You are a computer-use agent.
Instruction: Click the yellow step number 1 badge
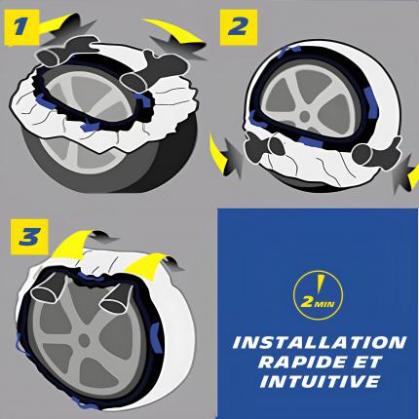pyautogui.click(x=21, y=27)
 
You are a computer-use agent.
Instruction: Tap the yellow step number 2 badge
pyautogui.click(x=239, y=27)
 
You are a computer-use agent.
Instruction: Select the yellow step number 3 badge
pyautogui.click(x=29, y=237)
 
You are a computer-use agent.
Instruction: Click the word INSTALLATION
pyautogui.click(x=320, y=343)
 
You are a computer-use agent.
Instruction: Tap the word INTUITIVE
pyautogui.click(x=320, y=381)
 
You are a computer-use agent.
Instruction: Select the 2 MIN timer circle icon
pyautogui.click(x=318, y=295)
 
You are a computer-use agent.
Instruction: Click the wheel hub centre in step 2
pyautogui.click(x=304, y=116)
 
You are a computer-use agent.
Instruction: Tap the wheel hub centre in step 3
pyautogui.click(x=84, y=340)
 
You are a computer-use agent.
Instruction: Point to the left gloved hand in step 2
pyautogui.click(x=265, y=148)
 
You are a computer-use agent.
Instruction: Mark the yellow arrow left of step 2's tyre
pyautogui.click(x=218, y=153)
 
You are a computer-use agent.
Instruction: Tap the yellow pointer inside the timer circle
pyautogui.click(x=321, y=284)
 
